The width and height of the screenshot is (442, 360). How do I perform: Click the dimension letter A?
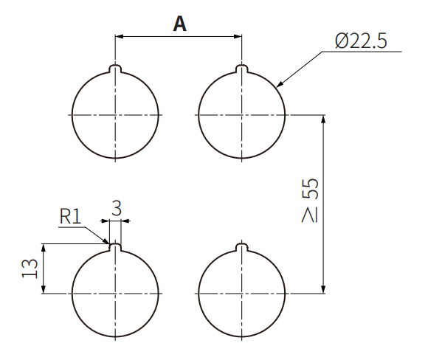tap(179, 24)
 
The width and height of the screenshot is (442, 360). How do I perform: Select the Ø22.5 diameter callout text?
tap(359, 41)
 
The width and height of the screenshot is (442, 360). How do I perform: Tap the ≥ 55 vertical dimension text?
tap(310, 200)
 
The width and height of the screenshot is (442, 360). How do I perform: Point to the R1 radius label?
tap(71, 216)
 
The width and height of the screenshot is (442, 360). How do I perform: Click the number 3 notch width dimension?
tap(116, 209)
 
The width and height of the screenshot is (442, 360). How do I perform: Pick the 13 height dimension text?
tap(30, 269)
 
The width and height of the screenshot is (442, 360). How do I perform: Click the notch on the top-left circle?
tap(114, 69)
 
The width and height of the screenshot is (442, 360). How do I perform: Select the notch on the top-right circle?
tap(241, 69)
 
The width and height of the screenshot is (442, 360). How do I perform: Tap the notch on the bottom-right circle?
tap(241, 248)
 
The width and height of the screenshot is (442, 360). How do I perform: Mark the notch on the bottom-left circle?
tap(114, 248)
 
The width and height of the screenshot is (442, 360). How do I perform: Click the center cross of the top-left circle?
tap(114, 115)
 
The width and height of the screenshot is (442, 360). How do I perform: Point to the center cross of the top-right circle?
tap(241, 115)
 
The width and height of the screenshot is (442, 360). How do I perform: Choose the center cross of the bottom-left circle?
tap(114, 294)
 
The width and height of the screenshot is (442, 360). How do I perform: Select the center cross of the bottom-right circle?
tap(241, 294)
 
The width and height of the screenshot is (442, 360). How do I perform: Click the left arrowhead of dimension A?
tap(119, 35)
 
